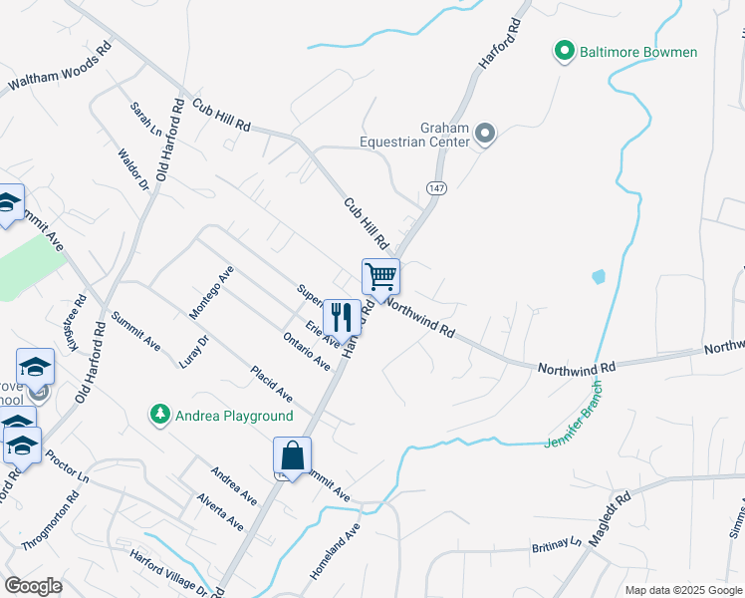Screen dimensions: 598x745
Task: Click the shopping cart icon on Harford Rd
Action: click(x=380, y=276)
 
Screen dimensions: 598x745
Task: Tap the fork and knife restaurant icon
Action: click(x=342, y=317)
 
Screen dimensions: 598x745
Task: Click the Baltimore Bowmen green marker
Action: click(x=564, y=52)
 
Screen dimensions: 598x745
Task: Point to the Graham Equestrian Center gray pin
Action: click(x=485, y=134)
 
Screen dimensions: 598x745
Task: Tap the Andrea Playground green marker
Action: click(x=158, y=415)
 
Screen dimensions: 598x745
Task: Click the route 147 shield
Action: click(x=435, y=188)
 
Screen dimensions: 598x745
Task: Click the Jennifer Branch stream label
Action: click(x=575, y=423)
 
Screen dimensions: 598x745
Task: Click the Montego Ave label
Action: click(x=211, y=292)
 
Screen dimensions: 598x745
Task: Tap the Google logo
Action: click(x=33, y=586)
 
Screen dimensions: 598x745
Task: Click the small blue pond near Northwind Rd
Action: click(x=598, y=277)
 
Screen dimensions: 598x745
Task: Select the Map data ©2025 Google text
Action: click(x=681, y=590)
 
